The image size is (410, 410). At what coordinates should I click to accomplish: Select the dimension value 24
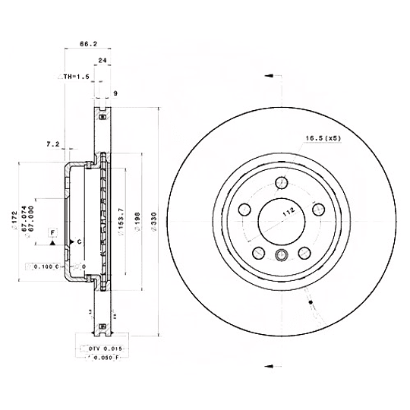point(101,60)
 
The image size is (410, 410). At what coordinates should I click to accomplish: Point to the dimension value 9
point(115,94)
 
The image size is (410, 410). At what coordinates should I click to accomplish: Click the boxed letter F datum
point(53,231)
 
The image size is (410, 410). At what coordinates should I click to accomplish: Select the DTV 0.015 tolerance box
point(99,348)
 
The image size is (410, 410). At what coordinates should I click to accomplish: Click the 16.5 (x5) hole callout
point(323,138)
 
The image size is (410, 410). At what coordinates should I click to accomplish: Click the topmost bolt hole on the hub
point(280,181)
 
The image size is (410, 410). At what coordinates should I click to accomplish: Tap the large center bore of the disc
point(278,220)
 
